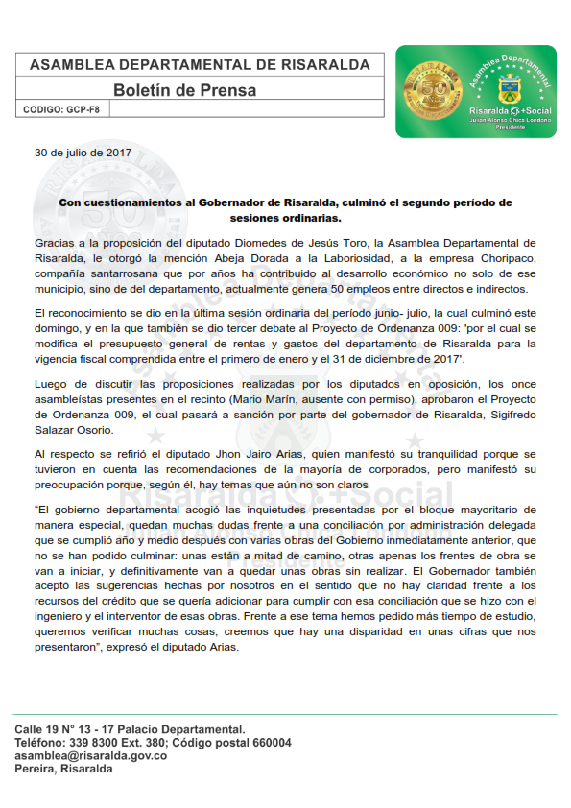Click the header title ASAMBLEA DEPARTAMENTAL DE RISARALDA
[x=200, y=64]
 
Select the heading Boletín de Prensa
[x=184, y=90]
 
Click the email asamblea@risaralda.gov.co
[x=91, y=756]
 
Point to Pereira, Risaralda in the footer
[x=63, y=770]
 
